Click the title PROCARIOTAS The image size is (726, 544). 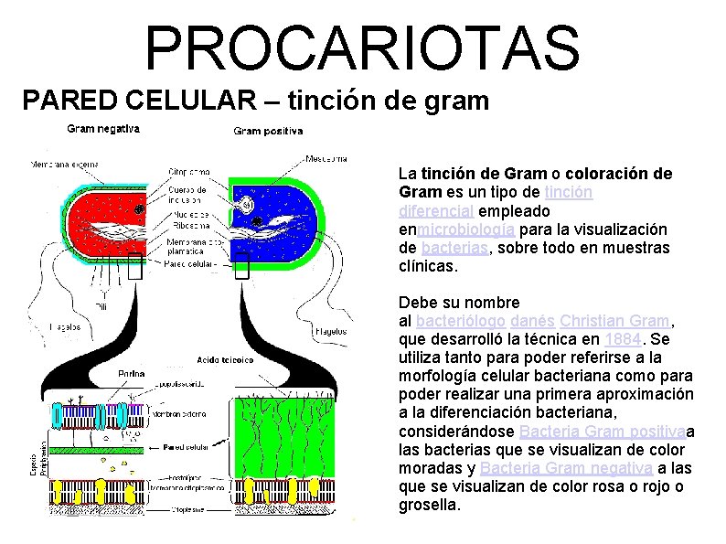pos(362,48)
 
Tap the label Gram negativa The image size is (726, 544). pos(103,129)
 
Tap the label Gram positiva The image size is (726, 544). pos(268,132)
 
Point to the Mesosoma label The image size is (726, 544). pos(327,157)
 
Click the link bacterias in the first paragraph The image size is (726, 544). pos(456,248)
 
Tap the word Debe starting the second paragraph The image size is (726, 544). pos(416,303)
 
